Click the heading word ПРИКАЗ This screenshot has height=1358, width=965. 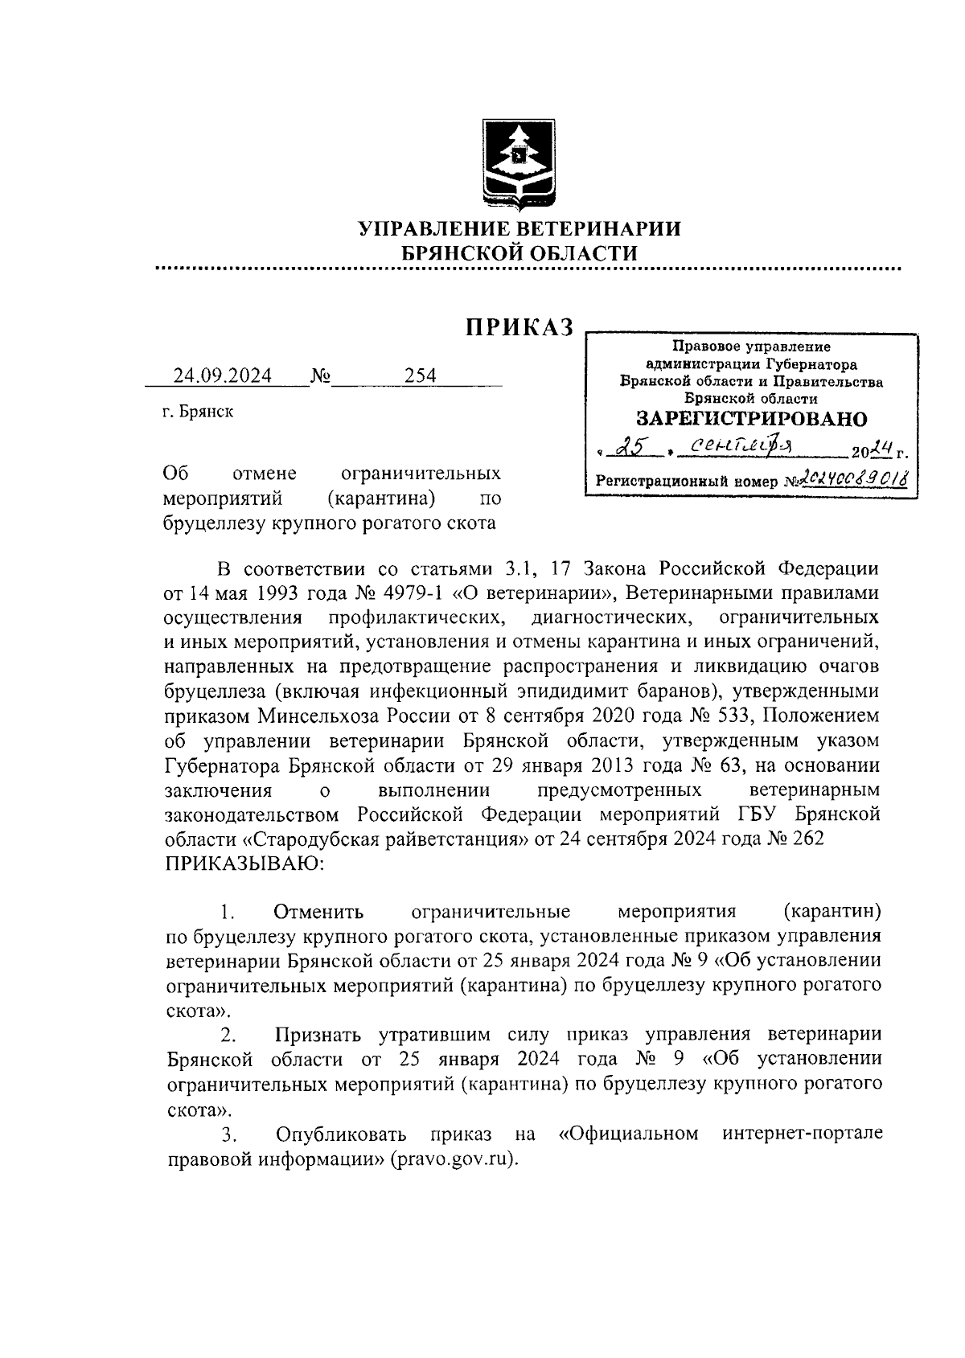point(520,326)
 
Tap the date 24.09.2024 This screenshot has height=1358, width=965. point(223,375)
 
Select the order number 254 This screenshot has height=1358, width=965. point(421,375)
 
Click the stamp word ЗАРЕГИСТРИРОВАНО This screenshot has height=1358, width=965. point(752,419)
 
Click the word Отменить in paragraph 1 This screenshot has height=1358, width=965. point(318,912)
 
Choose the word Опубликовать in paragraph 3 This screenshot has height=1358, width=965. point(341,1134)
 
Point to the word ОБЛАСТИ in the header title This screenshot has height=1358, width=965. point(585,252)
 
